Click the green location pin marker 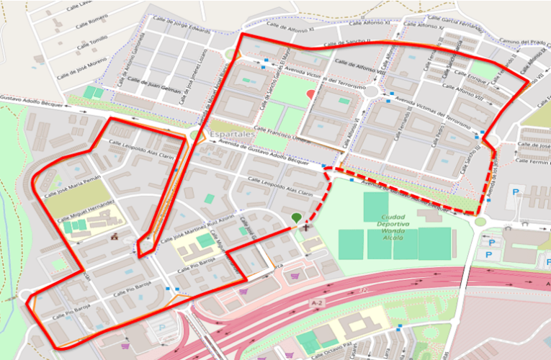click(296, 217)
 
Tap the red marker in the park click(310, 94)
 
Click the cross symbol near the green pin click(306, 228)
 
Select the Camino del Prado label click(524, 43)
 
